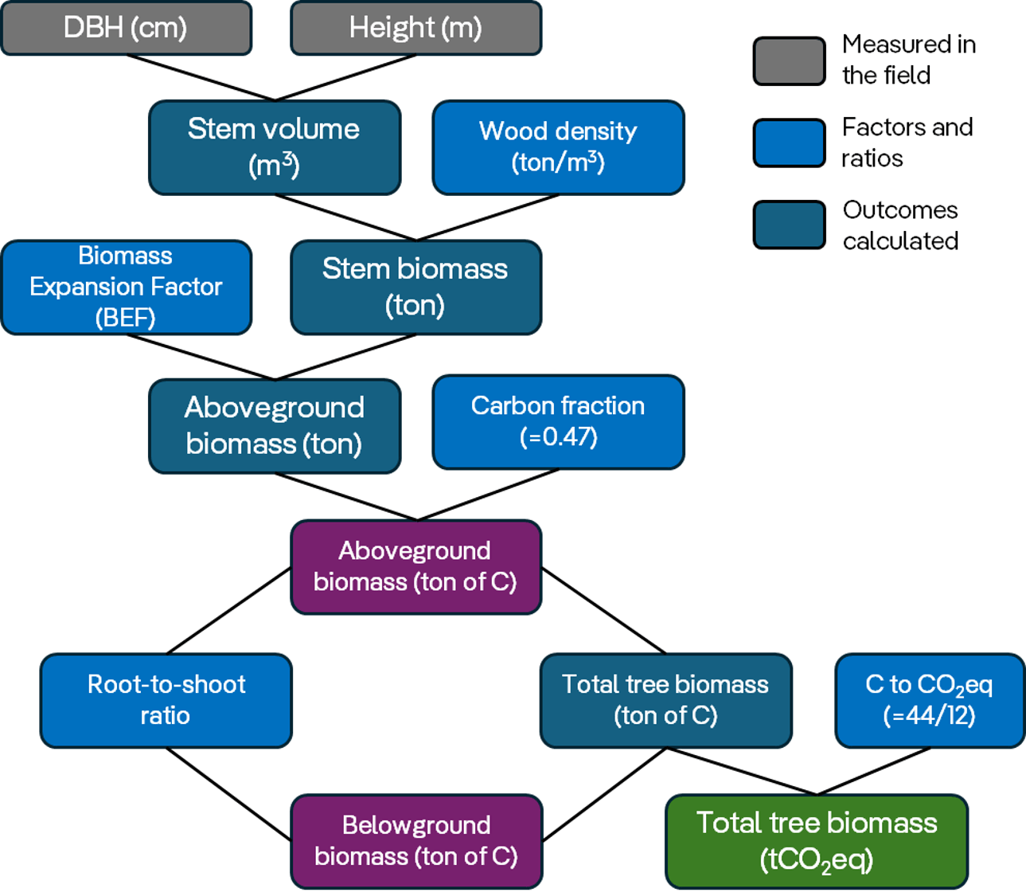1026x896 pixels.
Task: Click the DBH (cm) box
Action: point(127,28)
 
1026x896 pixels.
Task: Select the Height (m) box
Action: point(415,28)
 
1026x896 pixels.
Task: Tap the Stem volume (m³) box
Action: point(274,147)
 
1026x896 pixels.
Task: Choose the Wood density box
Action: point(558,147)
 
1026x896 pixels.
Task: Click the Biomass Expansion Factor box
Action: point(127,287)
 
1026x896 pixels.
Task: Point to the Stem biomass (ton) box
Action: point(415,287)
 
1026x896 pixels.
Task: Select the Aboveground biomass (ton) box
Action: point(274,425)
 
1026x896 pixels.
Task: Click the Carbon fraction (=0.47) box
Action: point(558,421)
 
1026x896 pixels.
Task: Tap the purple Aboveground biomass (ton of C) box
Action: point(415,566)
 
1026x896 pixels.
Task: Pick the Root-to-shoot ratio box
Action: point(166,700)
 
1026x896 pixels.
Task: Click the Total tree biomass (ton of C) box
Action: point(665,700)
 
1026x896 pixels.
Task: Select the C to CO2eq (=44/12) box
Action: point(929,700)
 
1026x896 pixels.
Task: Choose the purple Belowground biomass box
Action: point(415,841)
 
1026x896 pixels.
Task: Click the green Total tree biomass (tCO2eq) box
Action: point(817,841)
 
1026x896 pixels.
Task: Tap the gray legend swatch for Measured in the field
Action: point(789,61)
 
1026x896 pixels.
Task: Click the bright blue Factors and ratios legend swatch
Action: point(789,143)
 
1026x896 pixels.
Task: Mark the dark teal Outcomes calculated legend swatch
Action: point(789,225)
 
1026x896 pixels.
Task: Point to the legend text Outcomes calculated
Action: point(900,225)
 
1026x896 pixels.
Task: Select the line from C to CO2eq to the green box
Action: point(874,771)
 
